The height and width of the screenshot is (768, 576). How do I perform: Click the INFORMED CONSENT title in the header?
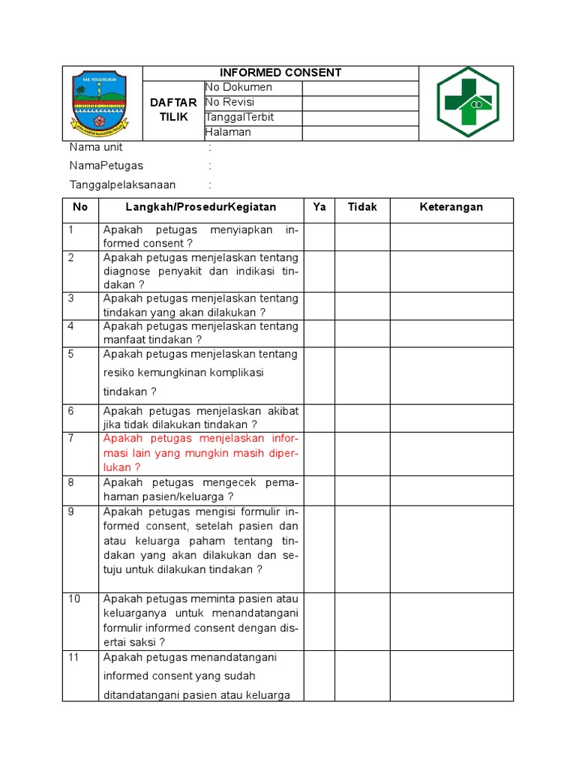coord(280,73)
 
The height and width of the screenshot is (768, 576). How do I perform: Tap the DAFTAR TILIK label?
coord(173,109)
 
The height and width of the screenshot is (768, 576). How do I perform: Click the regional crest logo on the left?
coord(99,103)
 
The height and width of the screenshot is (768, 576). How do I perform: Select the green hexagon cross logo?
coord(468,103)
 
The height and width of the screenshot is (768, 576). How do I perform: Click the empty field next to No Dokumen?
coord(360,88)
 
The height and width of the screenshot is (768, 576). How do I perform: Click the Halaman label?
coord(228,132)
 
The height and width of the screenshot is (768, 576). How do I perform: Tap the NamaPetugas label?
coord(106,165)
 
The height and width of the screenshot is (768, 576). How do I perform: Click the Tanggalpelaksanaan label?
coord(122,184)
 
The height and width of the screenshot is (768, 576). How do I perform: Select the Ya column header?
coord(319,207)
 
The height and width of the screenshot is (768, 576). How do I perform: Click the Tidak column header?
coord(362,207)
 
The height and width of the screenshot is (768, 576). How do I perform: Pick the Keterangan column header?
coord(451,207)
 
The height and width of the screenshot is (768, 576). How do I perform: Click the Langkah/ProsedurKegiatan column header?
coord(201,207)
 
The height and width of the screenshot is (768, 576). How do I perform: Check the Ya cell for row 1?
coord(319,237)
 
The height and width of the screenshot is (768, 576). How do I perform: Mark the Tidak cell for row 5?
coord(362,375)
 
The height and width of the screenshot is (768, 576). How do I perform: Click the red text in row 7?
coord(201,453)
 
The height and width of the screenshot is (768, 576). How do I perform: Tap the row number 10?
coord(75,598)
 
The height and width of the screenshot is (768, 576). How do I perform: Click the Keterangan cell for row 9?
coord(451,548)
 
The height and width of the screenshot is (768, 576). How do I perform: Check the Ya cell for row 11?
coord(319,676)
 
